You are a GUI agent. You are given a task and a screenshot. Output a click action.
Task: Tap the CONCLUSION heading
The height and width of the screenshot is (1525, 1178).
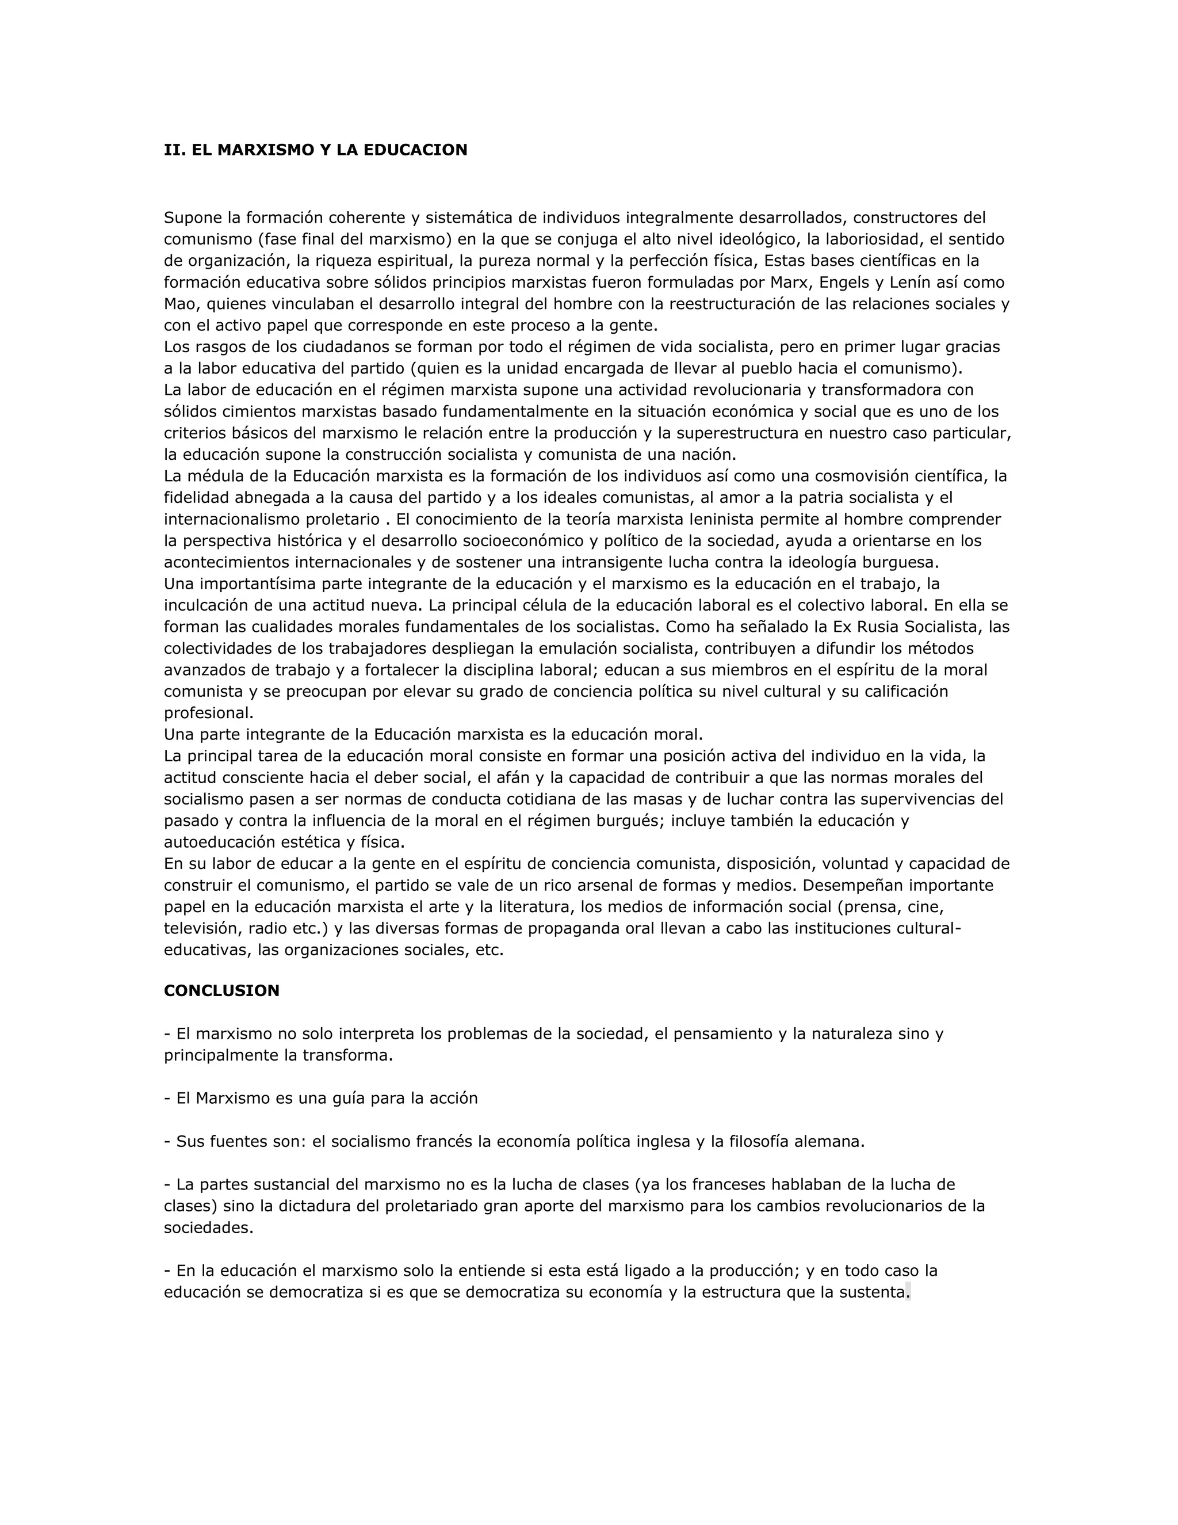[221, 991]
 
